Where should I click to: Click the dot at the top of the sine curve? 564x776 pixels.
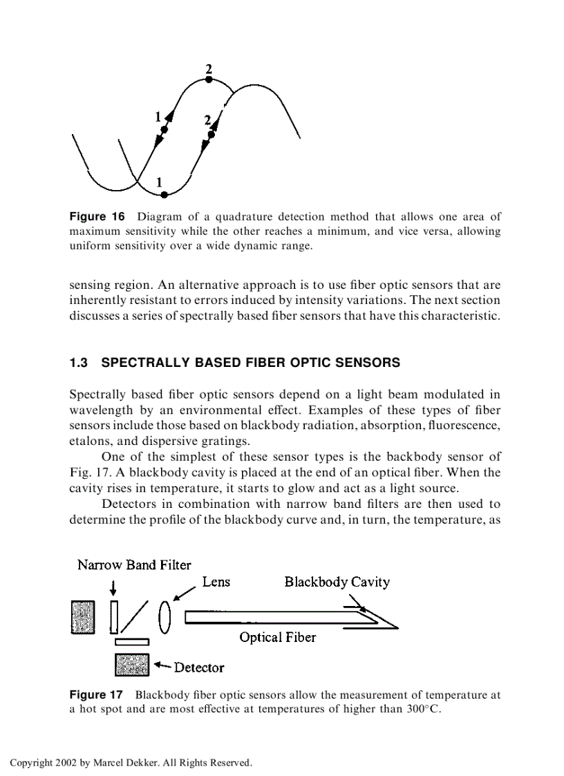(209, 80)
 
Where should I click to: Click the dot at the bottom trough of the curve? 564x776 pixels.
(164, 195)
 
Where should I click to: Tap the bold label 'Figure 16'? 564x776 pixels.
(97, 217)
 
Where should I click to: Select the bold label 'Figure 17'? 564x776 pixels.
(96, 694)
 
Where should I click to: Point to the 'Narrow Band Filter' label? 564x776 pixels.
(134, 565)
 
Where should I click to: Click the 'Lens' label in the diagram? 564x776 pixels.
(216, 582)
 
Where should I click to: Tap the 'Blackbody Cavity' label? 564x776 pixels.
(337, 582)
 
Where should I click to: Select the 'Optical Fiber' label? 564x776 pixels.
(277, 637)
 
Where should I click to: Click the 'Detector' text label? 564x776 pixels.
(199, 668)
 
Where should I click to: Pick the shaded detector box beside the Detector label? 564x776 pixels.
(131, 665)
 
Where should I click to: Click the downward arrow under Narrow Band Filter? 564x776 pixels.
(113, 587)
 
